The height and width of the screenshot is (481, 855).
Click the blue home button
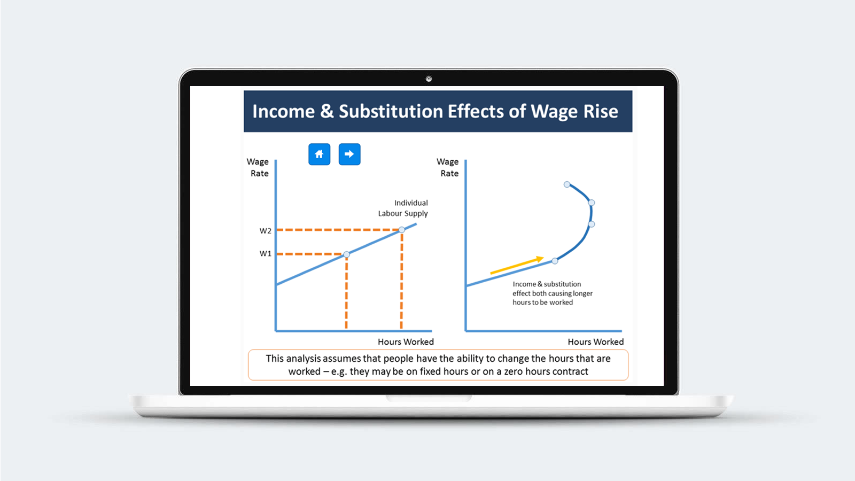[x=319, y=154]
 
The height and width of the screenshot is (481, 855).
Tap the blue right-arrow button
[x=349, y=154]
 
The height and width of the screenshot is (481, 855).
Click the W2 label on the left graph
[x=265, y=230]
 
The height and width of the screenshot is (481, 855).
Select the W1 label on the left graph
[x=265, y=253]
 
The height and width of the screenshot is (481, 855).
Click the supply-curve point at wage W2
[x=401, y=230]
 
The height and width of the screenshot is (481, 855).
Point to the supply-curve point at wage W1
[x=347, y=254]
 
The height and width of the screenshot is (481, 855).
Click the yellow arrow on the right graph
[x=517, y=265]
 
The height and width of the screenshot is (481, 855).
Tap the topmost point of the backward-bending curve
[x=567, y=184]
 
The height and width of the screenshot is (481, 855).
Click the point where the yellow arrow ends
[x=543, y=258]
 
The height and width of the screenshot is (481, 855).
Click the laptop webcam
[x=429, y=79]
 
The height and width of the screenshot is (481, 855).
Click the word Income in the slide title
[x=284, y=112]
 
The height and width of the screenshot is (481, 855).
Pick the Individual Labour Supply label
[x=403, y=208]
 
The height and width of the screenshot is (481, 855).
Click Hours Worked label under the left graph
[x=406, y=342]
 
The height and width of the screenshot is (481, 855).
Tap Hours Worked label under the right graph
[x=595, y=342]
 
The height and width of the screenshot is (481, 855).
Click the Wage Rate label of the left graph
[x=258, y=167]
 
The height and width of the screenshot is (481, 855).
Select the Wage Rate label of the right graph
[x=448, y=167]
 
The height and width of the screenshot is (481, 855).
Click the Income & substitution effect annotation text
[x=553, y=293]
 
